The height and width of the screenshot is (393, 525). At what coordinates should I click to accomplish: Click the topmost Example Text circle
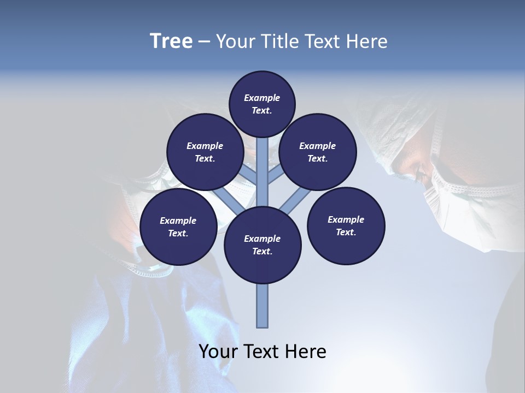pos(262,104)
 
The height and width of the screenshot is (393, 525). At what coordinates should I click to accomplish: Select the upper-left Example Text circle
pos(205,152)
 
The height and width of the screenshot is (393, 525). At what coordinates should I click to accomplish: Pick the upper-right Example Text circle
pos(317,152)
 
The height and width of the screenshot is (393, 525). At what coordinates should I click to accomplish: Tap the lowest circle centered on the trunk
pos(262,245)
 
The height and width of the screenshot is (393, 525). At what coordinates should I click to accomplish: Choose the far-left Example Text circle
pos(178,227)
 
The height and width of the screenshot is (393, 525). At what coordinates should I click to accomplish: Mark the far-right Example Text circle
pos(346,225)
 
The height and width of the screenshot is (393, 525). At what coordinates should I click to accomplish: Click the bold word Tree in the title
pos(171,41)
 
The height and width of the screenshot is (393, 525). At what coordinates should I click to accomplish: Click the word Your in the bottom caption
pos(218,352)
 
